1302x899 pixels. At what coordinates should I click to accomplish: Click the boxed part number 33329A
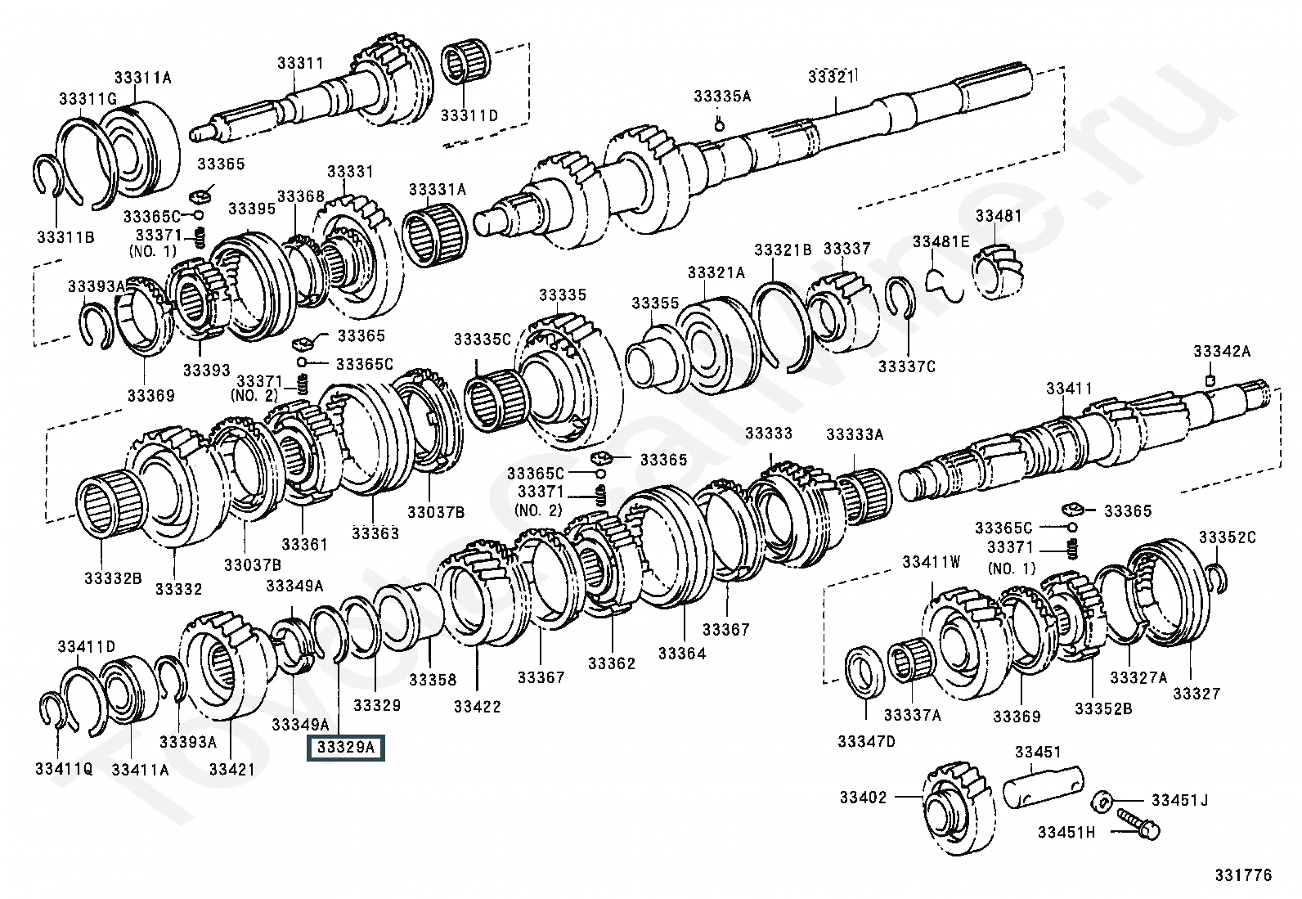345,747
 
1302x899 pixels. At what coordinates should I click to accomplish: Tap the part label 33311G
88,99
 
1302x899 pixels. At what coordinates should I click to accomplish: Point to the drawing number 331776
1243,875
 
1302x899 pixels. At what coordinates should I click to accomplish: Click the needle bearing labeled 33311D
465,63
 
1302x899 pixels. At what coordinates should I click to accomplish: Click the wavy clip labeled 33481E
945,285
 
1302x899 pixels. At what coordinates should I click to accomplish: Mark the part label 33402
863,797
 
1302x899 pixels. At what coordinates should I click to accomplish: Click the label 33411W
932,562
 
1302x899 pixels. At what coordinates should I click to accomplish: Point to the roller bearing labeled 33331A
435,236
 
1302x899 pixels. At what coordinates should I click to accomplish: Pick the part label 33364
682,654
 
